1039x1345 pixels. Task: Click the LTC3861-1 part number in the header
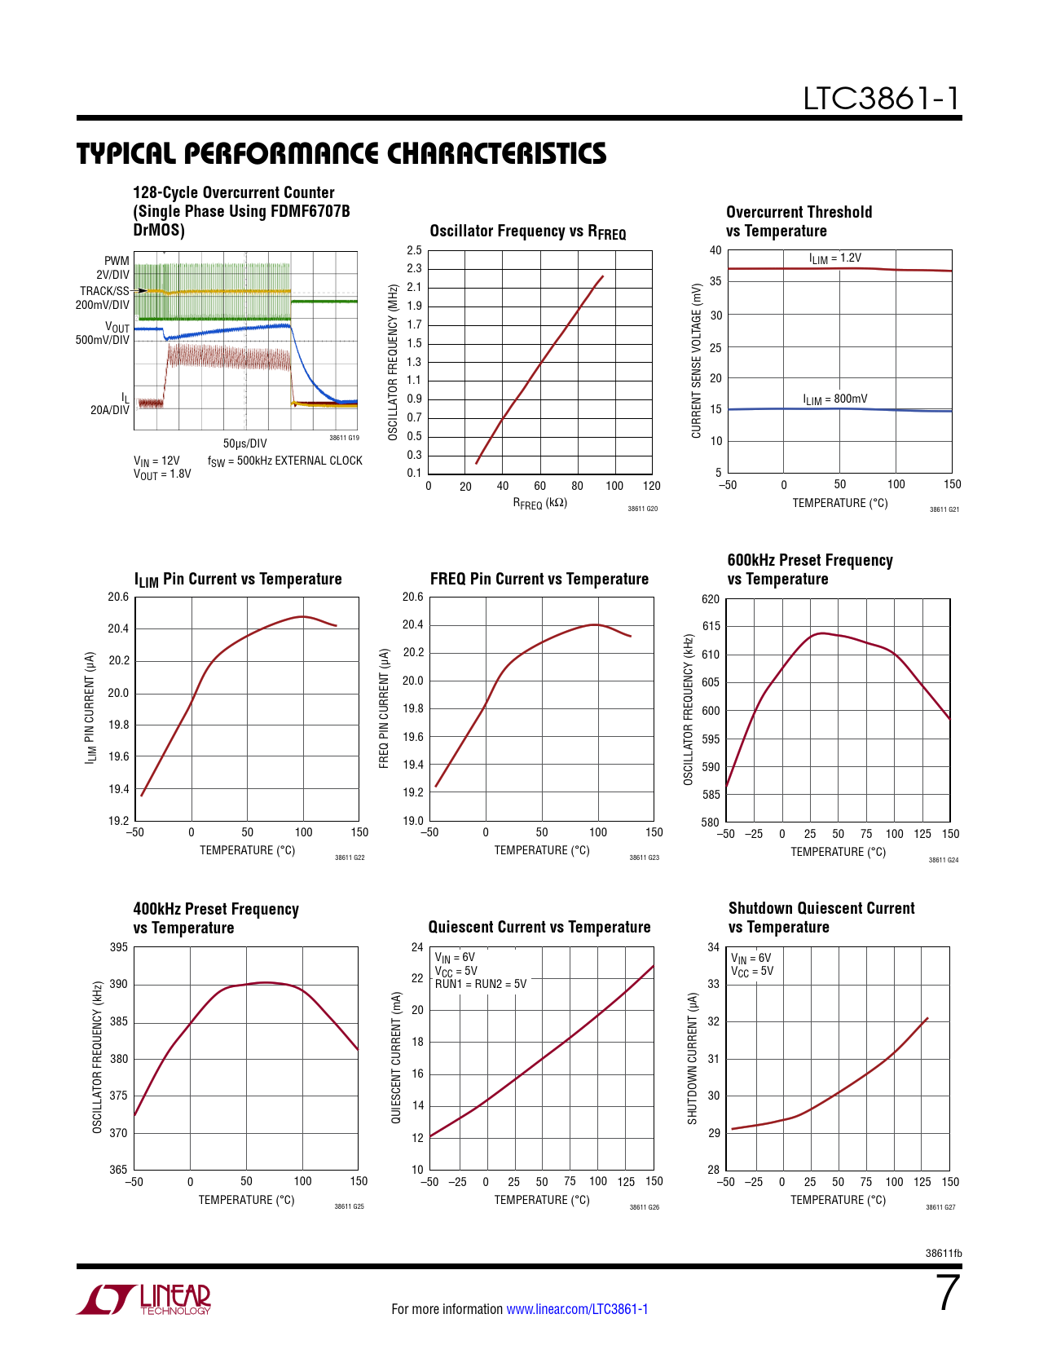pos(881,99)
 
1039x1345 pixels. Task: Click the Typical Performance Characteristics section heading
pos(341,153)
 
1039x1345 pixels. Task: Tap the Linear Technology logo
pos(144,1299)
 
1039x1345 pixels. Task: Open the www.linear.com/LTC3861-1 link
pos(577,1309)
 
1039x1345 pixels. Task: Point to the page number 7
pos(948,1294)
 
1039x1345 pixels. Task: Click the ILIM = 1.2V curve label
pos(834,258)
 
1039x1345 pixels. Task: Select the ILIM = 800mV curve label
pos(834,399)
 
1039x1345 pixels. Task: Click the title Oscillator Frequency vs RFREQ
pos(527,232)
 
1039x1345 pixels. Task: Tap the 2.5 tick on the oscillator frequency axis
pos(415,250)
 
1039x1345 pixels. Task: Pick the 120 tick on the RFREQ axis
pos(651,486)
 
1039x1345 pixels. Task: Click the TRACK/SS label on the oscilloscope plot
pos(104,290)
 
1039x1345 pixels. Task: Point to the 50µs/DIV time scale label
pos(244,443)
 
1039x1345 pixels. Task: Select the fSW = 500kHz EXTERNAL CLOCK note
pos(284,461)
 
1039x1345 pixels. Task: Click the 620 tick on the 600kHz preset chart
pos(710,599)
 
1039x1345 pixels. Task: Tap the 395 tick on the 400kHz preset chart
pos(118,947)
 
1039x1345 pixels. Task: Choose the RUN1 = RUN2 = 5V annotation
pos(480,984)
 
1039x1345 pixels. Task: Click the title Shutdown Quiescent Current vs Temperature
pos(821,918)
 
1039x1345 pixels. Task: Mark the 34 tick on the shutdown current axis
pos(713,947)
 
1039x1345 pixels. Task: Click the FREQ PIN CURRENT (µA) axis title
pos(384,708)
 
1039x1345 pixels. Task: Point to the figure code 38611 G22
pos(349,858)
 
